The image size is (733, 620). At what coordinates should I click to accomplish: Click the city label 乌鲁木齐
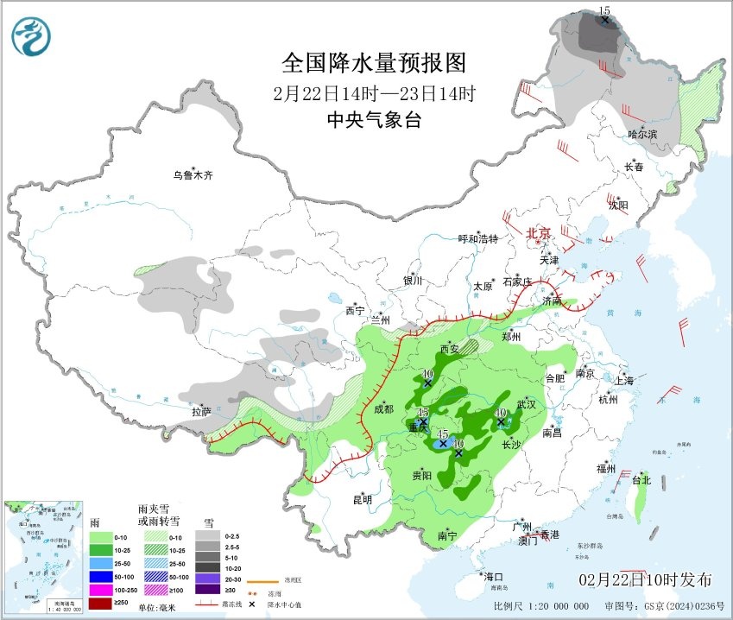pos(192,175)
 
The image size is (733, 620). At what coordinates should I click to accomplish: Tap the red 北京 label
pos(539,233)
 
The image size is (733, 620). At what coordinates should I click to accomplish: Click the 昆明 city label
pos(362,499)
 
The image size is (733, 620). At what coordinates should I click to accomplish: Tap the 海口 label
pos(493,576)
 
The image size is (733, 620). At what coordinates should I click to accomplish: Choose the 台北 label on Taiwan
pos(641,479)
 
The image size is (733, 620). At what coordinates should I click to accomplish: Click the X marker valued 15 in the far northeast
pos(605,20)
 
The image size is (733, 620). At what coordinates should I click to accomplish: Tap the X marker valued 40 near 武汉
pos(502,422)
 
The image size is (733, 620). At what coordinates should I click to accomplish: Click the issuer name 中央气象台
pos(373,120)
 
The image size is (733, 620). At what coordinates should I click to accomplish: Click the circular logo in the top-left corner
pos(31,36)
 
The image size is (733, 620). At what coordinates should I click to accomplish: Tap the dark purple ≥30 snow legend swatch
pos(209,589)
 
